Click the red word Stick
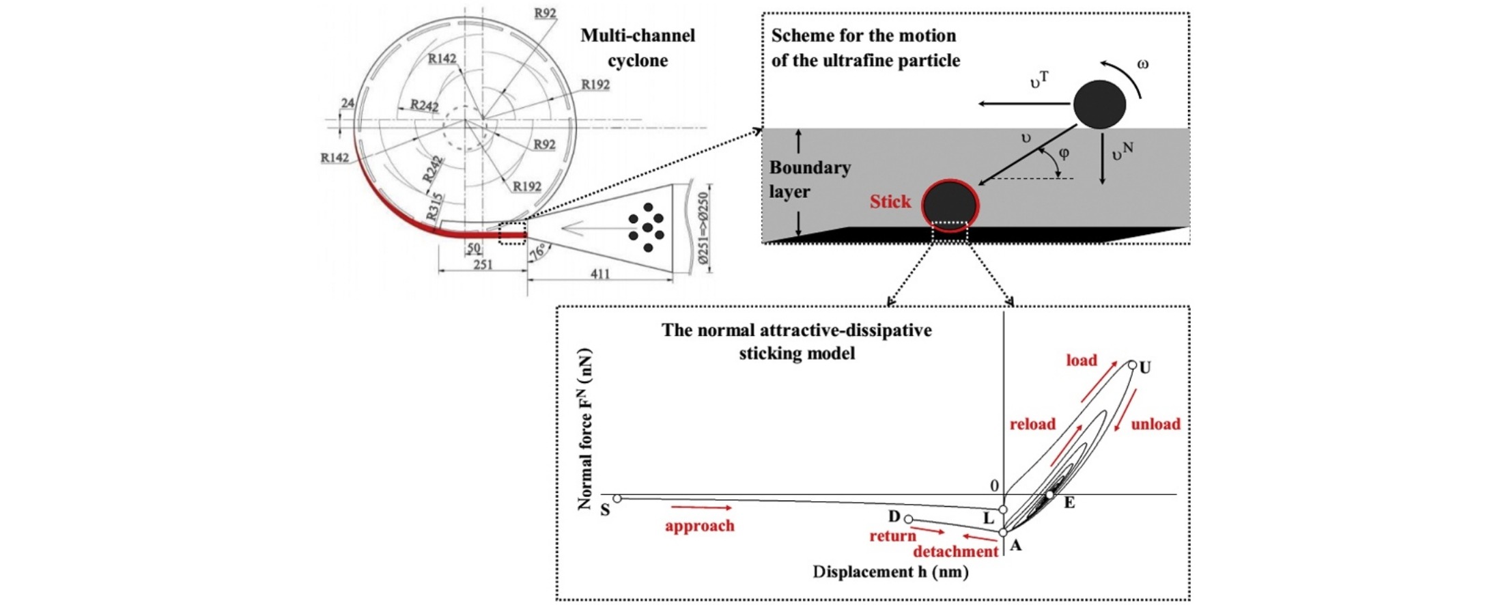coord(890,202)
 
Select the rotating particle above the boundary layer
coord(1099,104)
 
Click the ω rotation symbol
coord(1143,64)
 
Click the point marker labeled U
coord(1132,365)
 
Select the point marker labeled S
coord(617,498)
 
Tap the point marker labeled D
coord(908,520)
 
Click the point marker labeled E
coord(1050,494)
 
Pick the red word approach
coord(700,526)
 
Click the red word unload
coord(1156,424)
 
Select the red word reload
coord(1032,424)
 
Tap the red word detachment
coord(956,552)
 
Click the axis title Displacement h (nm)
coord(891,572)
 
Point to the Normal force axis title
coord(585,430)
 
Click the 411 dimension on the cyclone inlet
coord(599,274)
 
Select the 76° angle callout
coord(539,251)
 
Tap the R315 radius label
coord(434,207)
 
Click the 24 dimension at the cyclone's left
coord(348,103)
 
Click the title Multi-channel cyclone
coord(638,48)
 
